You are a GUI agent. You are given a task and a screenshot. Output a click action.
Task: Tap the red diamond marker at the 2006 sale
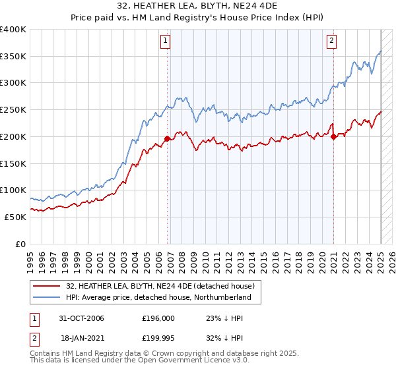[168, 138]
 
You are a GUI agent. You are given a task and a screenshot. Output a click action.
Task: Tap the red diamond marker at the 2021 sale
[334, 136]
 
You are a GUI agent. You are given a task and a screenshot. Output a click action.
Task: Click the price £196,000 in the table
[158, 318]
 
